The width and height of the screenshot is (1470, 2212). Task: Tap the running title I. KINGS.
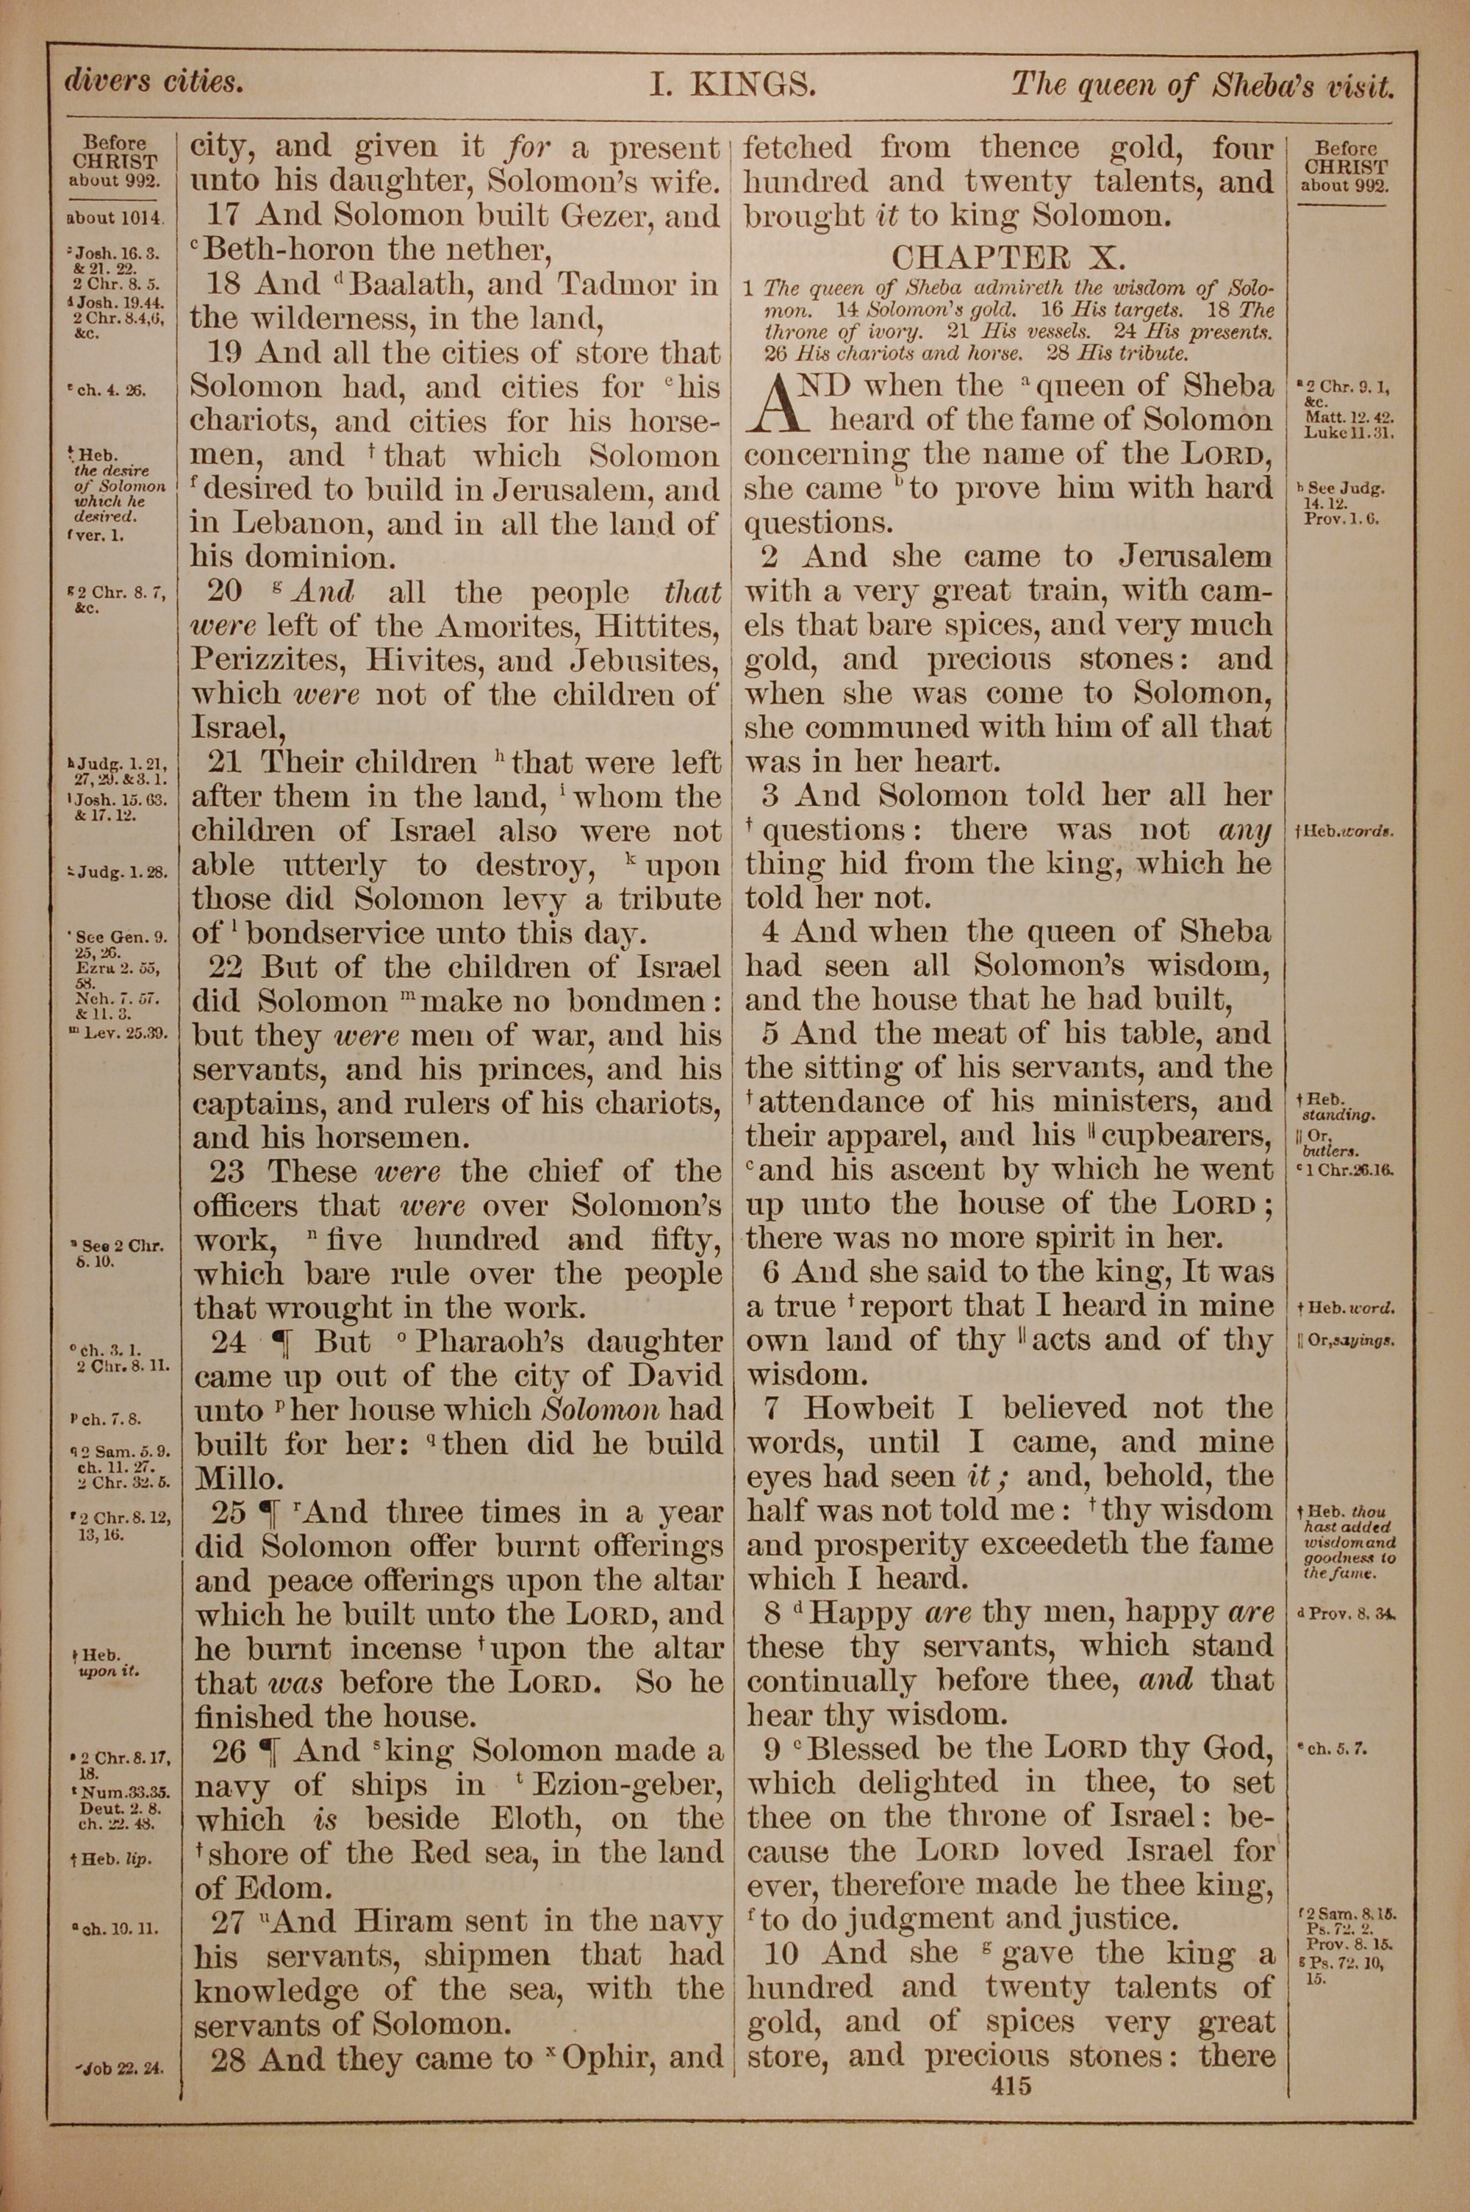click(733, 85)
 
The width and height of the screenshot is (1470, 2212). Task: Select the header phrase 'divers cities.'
click(154, 82)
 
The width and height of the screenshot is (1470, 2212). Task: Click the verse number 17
click(225, 215)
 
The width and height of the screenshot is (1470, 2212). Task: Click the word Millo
click(239, 1480)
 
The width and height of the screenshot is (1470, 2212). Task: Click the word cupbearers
click(1190, 1136)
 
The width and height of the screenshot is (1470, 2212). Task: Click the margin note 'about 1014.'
click(115, 218)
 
